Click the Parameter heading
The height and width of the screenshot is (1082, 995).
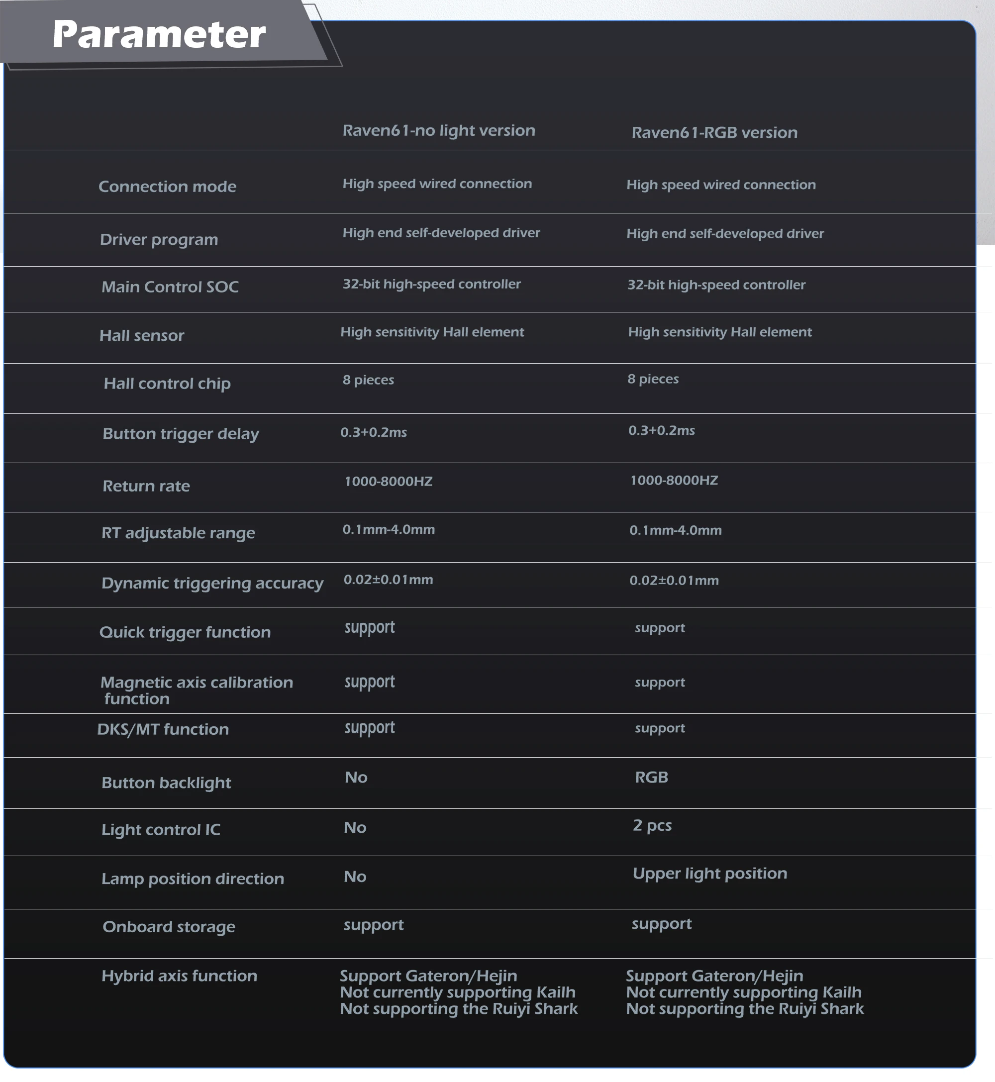tap(159, 34)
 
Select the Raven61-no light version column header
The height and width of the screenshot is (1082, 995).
tap(439, 131)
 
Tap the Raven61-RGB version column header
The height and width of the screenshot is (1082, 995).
tap(714, 133)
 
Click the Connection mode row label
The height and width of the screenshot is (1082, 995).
tap(168, 187)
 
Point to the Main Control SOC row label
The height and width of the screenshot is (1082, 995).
tap(170, 287)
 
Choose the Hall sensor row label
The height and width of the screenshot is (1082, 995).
tap(142, 336)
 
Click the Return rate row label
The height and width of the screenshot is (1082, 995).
tap(146, 486)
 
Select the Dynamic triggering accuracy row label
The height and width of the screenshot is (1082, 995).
tap(212, 584)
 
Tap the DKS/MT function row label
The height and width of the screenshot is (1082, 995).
tap(163, 729)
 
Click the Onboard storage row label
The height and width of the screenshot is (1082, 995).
tap(169, 927)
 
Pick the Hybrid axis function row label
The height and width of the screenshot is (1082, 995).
tap(179, 976)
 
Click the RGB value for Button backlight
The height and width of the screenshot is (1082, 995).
tap(652, 778)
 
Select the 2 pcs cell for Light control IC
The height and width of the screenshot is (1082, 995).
tap(652, 826)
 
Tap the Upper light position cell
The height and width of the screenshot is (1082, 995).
tap(709, 874)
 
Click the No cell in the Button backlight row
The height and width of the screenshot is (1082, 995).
tap(356, 778)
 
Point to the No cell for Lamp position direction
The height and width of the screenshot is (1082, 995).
tap(355, 877)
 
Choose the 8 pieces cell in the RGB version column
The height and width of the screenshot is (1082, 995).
tap(653, 379)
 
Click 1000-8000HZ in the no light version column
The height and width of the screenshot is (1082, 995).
tap(388, 481)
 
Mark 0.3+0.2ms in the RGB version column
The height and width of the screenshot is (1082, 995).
tap(661, 431)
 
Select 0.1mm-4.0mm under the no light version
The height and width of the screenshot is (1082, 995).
tap(389, 530)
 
